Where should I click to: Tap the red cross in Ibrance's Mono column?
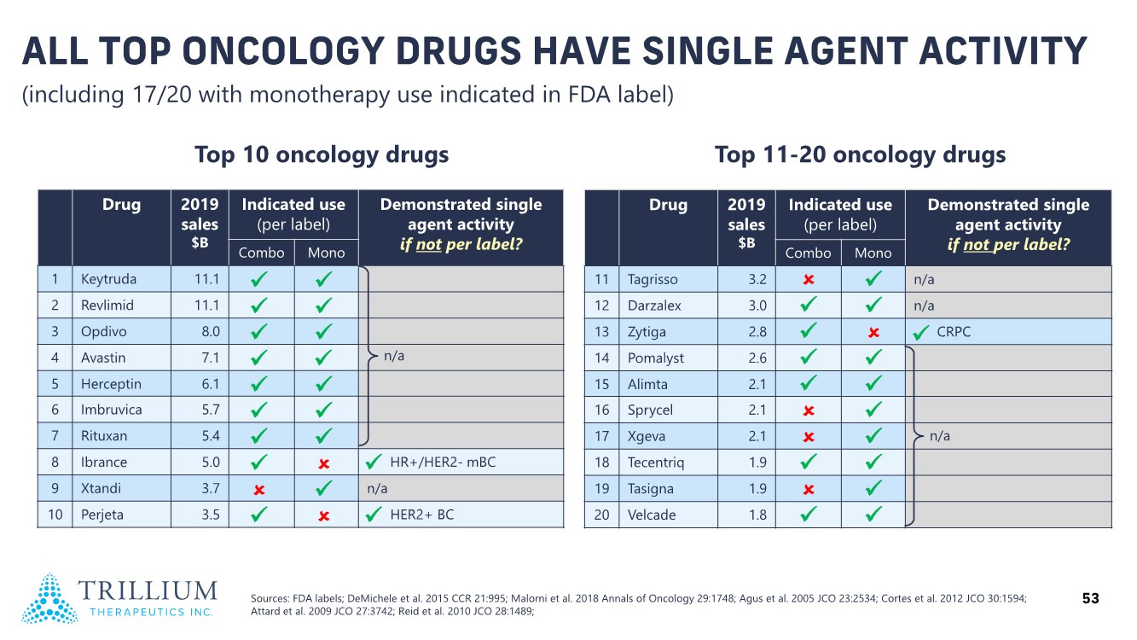(324, 463)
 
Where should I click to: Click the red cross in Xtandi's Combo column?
(261, 489)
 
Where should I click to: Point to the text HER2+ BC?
(421, 515)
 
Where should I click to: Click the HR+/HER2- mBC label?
(442, 463)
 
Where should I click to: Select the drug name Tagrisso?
(653, 279)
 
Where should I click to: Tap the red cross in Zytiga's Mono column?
(873, 332)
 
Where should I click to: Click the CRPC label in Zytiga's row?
(954, 332)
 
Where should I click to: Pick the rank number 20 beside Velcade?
(601, 515)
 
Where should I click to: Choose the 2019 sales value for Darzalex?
(757, 305)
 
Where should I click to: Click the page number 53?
(1090, 599)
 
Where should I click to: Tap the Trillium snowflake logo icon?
(49, 598)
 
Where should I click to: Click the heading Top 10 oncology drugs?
(322, 154)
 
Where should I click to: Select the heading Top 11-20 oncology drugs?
(860, 154)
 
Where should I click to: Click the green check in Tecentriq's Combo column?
(808, 463)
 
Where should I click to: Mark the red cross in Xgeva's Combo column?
(808, 436)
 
